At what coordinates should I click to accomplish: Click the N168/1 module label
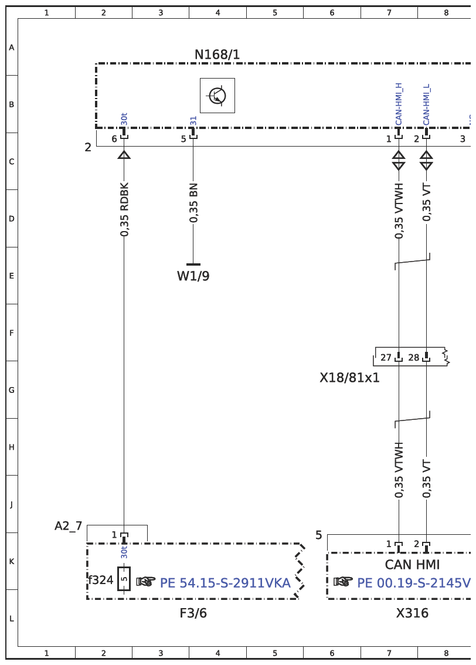[x=217, y=55]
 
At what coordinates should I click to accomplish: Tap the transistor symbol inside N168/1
[x=217, y=96]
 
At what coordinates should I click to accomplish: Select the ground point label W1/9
[x=193, y=276]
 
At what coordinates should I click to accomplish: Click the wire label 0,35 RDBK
[x=124, y=209]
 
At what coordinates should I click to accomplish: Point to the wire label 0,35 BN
[x=193, y=203]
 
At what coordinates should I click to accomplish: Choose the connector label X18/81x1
[x=350, y=378]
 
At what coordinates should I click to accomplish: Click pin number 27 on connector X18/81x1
[x=386, y=358]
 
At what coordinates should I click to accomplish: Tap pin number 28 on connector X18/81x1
[x=414, y=358]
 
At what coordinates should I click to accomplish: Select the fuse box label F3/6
[x=193, y=613]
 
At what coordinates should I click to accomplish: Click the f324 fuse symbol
[x=124, y=579]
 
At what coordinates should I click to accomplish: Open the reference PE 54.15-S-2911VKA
[x=225, y=583]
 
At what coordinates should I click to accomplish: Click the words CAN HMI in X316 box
[x=412, y=565]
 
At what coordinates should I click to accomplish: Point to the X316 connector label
[x=412, y=613]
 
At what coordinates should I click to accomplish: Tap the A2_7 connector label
[x=68, y=526]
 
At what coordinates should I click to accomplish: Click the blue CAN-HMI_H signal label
[x=399, y=104]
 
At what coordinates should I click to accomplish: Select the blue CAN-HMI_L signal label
[x=426, y=105]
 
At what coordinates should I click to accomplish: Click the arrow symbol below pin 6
[x=124, y=154]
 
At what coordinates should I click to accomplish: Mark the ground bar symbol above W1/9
[x=193, y=264]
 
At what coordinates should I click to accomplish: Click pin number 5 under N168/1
[x=183, y=138]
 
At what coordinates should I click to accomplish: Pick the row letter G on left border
[x=12, y=390]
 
